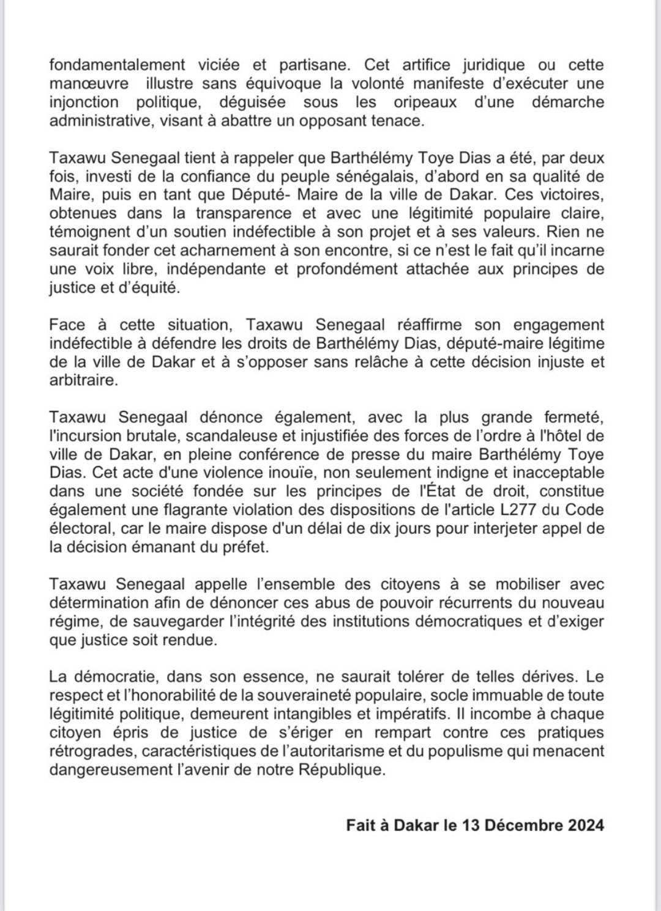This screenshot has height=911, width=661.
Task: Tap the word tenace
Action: pos(400,120)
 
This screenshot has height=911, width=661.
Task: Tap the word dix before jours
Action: pos(381,528)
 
